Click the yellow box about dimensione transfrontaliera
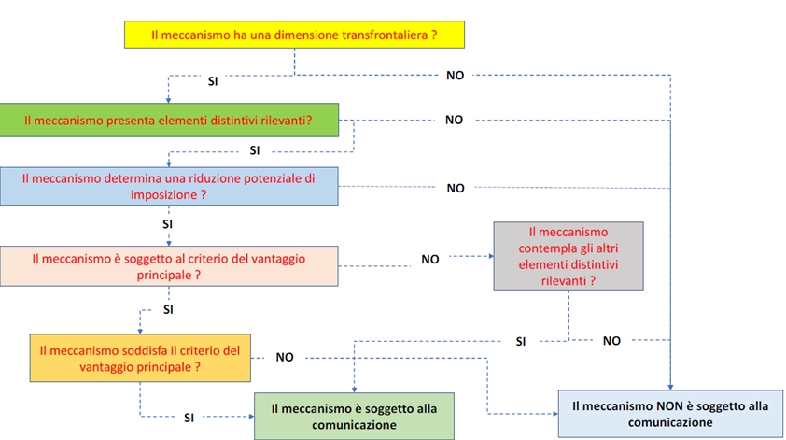(x=294, y=35)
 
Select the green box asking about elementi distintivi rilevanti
(x=169, y=120)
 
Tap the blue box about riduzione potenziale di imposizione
(x=169, y=186)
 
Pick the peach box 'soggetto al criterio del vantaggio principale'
(x=169, y=266)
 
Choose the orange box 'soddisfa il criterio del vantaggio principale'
(x=140, y=358)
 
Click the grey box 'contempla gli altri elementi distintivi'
(x=568, y=256)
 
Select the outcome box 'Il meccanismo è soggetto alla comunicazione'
(x=354, y=417)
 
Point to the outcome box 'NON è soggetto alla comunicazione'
(x=670, y=414)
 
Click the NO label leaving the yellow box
(x=456, y=76)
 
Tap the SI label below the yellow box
(x=213, y=81)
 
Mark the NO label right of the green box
(x=455, y=120)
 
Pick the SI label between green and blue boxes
(x=255, y=150)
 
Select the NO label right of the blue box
(x=456, y=188)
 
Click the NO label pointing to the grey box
(x=430, y=260)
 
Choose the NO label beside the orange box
(x=285, y=357)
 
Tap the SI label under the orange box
(x=189, y=418)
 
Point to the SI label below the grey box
(x=521, y=342)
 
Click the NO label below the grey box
(x=611, y=341)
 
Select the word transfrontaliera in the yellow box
(x=385, y=35)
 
